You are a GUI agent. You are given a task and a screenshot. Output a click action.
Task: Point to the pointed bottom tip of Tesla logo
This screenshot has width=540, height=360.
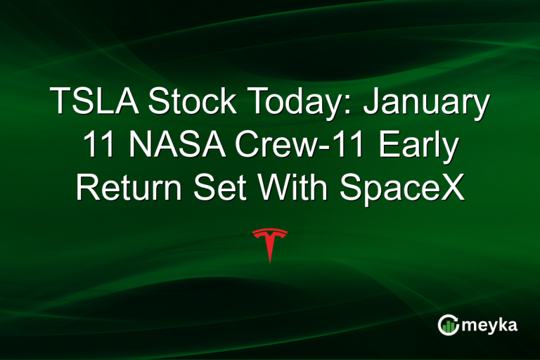click(x=270, y=262)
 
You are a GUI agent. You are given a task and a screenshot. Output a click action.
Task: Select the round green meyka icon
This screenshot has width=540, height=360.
click(x=448, y=324)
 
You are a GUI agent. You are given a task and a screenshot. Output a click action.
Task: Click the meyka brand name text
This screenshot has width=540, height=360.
click(x=492, y=325)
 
